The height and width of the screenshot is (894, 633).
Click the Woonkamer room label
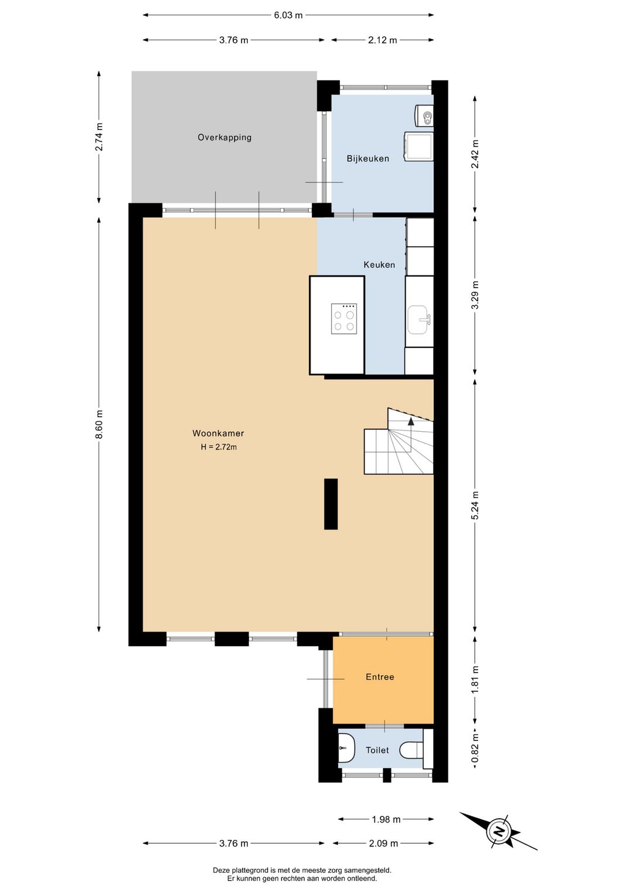(218, 433)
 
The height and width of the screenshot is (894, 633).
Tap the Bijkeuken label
(368, 158)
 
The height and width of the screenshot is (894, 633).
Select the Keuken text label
(379, 265)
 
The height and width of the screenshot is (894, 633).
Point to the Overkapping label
(224, 138)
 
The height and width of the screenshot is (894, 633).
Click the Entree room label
(380, 677)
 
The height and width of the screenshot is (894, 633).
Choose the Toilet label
(377, 750)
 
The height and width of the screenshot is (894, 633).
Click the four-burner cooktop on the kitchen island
(344, 319)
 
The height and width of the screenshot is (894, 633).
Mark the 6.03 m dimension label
(288, 16)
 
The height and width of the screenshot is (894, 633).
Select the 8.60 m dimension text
(99, 424)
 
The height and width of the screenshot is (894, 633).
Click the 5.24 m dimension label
(475, 504)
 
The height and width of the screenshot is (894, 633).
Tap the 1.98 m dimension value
(386, 820)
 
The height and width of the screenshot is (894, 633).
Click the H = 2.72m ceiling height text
(219, 447)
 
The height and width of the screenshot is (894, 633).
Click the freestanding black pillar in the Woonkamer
(331, 504)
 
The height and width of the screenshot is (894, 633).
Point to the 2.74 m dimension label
(99, 137)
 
